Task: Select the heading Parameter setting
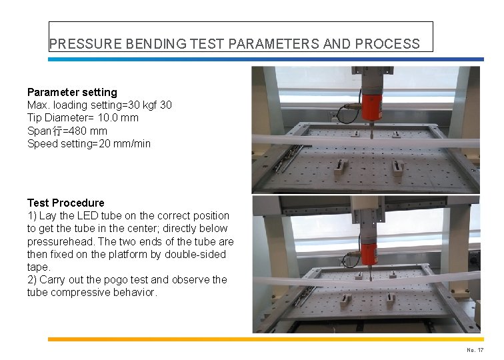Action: (x=72, y=92)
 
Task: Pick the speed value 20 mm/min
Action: (x=125, y=143)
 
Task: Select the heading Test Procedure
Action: (x=65, y=203)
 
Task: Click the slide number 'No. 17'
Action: (x=475, y=349)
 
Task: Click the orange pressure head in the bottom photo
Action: (x=368, y=251)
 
